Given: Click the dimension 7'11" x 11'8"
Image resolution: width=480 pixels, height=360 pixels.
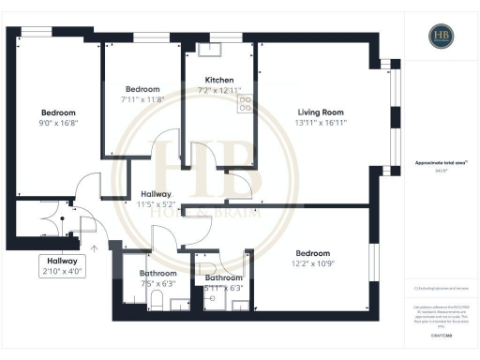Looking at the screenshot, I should [x=142, y=98].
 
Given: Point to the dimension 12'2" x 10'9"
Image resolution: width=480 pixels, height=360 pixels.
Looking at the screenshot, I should [x=312, y=264].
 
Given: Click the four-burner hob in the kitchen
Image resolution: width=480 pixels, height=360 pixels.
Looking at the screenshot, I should [x=246, y=103].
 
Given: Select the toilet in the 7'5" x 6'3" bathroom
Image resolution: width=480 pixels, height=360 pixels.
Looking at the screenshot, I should [x=157, y=299].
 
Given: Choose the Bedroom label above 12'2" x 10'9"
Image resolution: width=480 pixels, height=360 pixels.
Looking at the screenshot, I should [x=312, y=253].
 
